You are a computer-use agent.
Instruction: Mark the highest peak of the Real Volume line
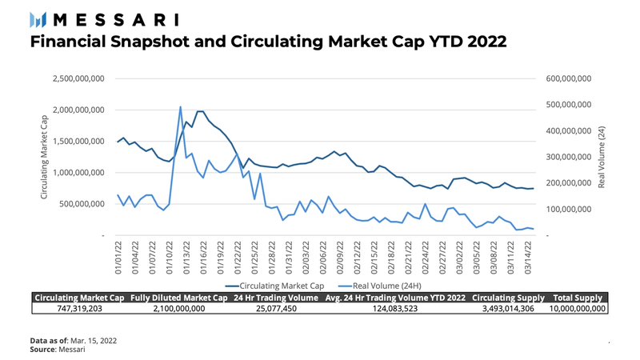(x=180, y=106)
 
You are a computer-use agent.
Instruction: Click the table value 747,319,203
(x=79, y=308)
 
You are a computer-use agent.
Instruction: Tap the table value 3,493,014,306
(x=506, y=308)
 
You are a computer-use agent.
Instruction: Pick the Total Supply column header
(x=578, y=298)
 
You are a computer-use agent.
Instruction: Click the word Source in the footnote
(x=43, y=350)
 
